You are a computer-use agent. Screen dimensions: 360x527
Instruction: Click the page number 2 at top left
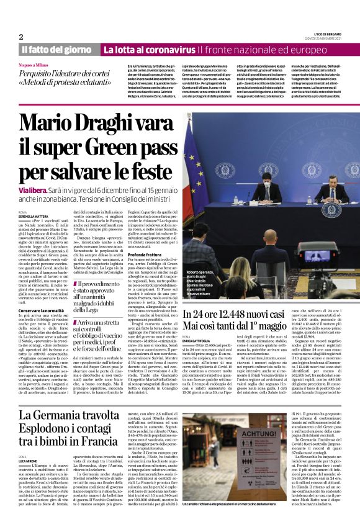click(x=22, y=37)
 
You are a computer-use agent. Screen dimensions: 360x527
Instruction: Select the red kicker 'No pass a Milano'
click(x=35, y=65)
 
